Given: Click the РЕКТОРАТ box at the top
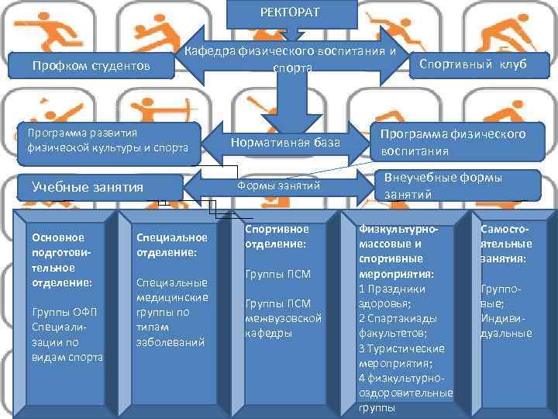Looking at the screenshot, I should pyautogui.click(x=291, y=12).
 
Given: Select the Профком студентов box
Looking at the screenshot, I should pyautogui.click(x=91, y=66).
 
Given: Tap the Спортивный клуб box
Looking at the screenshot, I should pyautogui.click(x=472, y=64).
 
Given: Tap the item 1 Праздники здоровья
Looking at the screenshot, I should pyautogui.click(x=394, y=296).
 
